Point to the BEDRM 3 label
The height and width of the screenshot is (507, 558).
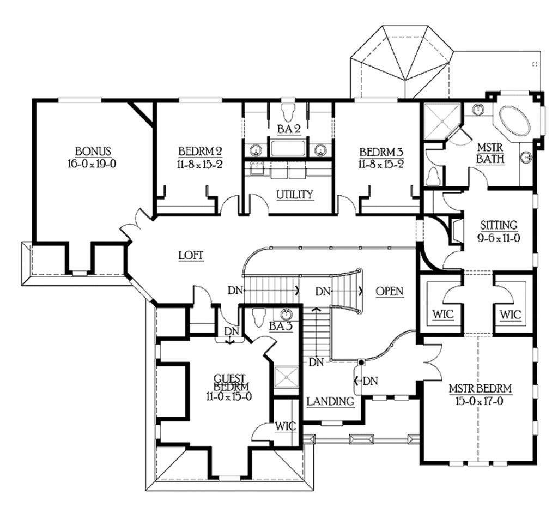pos(381,151)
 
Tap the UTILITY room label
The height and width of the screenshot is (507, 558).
pos(294,194)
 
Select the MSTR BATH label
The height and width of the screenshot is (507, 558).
pos(490,153)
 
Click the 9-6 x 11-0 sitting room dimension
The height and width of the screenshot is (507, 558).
pos(498,237)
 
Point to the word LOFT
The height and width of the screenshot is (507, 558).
pos(191,255)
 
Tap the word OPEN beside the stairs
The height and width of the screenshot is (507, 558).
pos(389,292)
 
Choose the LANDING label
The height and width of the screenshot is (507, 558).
pos(330,402)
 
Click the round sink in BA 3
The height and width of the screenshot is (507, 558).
pos(286,315)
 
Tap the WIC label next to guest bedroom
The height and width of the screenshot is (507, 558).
pos(286,426)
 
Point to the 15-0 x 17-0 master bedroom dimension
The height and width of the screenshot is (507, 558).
pos(480,401)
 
